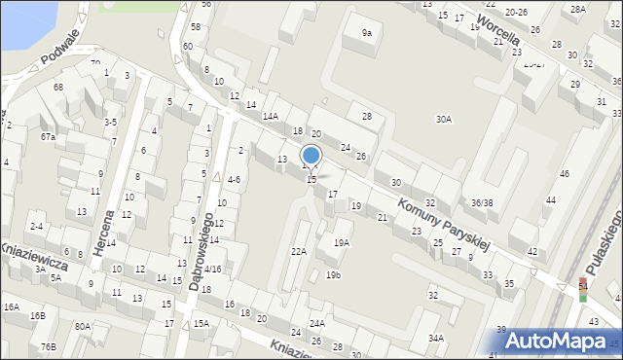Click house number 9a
(367, 33)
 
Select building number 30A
(443, 120)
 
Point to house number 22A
(299, 251)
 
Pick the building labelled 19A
(342, 242)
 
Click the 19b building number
(333, 275)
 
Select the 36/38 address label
(481, 202)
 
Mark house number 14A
(271, 116)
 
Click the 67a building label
(47, 137)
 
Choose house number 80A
(83, 327)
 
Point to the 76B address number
(48, 346)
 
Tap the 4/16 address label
(212, 269)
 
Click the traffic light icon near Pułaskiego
(583, 289)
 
